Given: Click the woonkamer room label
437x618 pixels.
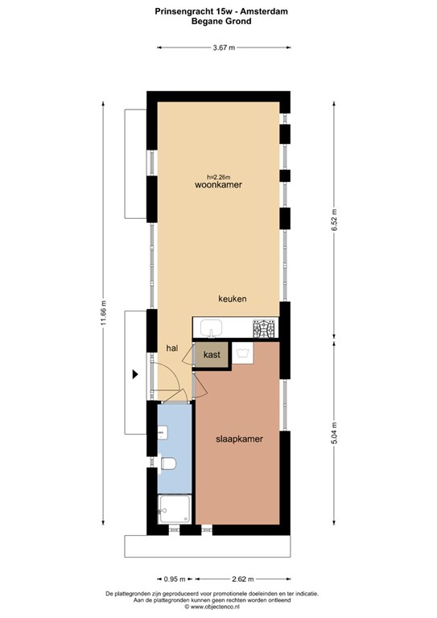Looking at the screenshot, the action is [x=218, y=185].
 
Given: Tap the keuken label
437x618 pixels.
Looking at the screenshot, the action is [x=233, y=299].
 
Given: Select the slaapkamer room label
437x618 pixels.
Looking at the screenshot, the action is [x=239, y=439].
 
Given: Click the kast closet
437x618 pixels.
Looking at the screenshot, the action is [x=212, y=355].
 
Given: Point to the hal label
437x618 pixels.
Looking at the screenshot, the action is [x=172, y=348].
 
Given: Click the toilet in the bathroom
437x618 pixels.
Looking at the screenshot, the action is [x=167, y=463].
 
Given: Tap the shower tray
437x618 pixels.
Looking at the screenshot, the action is [x=175, y=509].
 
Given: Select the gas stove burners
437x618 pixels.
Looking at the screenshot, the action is [x=266, y=328].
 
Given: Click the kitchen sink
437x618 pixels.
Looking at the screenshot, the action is [x=211, y=328].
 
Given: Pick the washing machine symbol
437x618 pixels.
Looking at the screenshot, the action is [x=243, y=352].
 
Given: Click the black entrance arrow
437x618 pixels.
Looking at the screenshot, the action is [x=135, y=374].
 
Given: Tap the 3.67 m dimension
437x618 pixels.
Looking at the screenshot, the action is [x=224, y=47].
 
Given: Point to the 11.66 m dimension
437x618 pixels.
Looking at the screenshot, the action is [x=104, y=313].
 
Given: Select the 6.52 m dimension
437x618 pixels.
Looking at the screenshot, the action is [x=334, y=220].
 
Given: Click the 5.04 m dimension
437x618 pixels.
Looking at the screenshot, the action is [x=334, y=433].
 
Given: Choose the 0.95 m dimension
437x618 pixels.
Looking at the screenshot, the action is [x=175, y=579].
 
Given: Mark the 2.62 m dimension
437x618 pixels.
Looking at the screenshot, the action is [x=242, y=579].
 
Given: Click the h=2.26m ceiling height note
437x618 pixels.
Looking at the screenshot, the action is [x=219, y=176].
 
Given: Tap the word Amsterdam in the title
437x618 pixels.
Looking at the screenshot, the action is [x=266, y=11].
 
